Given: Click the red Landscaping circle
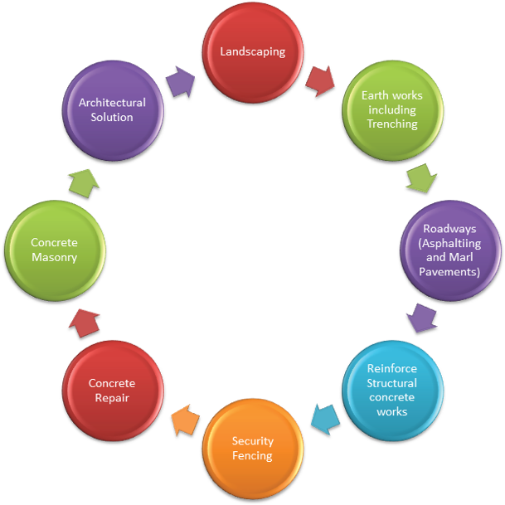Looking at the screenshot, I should [253, 51].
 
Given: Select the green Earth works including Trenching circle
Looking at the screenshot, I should [391, 109].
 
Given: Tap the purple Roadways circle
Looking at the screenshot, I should [450, 250].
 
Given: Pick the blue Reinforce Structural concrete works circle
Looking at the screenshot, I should [391, 389].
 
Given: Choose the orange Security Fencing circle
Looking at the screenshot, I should [253, 448].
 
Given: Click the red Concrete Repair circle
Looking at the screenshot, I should [113, 390].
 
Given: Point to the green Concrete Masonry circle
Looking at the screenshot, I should [54, 250].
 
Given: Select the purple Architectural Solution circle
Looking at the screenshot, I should [112, 109].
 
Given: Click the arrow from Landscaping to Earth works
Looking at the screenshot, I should [320, 80].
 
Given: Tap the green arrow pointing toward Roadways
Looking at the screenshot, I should [421, 178].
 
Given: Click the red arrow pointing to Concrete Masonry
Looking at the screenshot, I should [84, 321].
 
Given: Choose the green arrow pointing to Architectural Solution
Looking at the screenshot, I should [83, 182].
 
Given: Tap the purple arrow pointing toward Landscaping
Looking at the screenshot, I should [180, 82].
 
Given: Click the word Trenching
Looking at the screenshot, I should [392, 124].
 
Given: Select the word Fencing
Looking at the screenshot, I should [253, 456].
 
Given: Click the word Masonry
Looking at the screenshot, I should [55, 258].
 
